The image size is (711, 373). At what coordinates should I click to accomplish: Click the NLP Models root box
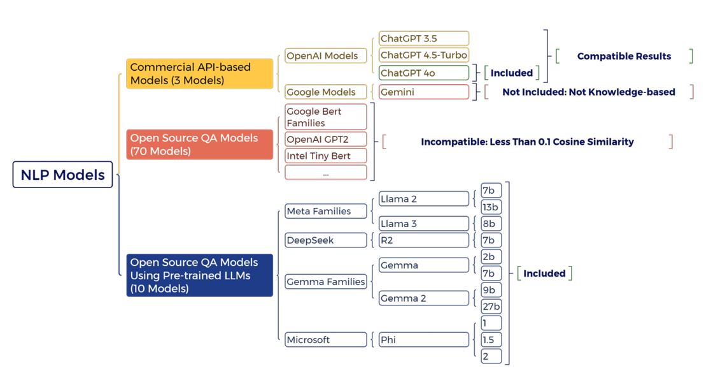coord(62,175)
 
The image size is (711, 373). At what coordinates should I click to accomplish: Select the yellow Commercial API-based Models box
coord(199,74)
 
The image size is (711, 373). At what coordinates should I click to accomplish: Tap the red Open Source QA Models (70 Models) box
coord(199,145)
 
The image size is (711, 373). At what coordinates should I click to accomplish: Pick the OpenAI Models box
coord(325,56)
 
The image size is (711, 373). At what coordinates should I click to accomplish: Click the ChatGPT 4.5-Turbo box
coord(423,55)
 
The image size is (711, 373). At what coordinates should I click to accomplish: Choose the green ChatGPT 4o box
coord(423,73)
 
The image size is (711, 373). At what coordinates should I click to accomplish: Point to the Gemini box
coord(423,92)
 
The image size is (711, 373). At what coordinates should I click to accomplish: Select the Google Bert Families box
coord(325,117)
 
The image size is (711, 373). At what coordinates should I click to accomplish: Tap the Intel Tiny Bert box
coord(325,156)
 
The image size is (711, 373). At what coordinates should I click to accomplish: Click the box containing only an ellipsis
coord(325,173)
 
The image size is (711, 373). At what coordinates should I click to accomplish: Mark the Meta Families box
coord(325,211)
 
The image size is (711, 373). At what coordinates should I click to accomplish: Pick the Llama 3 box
coord(423,224)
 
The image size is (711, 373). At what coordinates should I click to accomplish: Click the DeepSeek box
coord(325,240)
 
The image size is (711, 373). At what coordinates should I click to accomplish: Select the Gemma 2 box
coord(423,298)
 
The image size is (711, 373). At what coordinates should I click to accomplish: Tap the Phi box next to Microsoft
coord(423,340)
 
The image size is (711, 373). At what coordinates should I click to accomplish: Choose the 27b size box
coord(491,307)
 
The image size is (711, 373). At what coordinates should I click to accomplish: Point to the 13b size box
coord(491,207)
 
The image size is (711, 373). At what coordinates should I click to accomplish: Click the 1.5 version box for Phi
coord(491,340)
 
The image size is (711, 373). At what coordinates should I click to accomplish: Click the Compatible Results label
coord(624,56)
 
